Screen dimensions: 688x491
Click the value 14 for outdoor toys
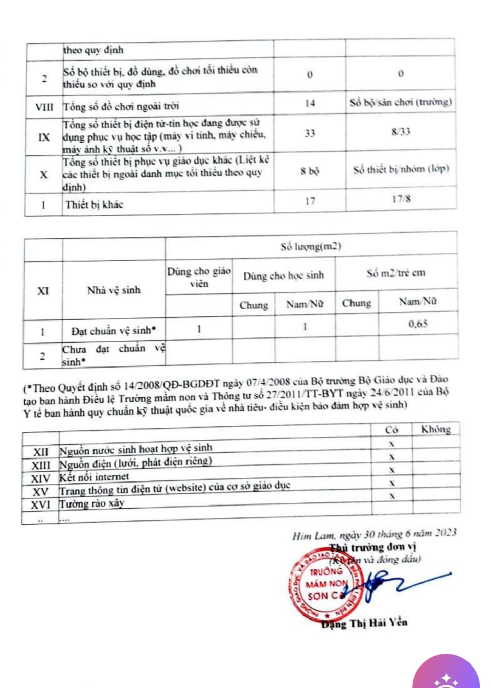click(310, 103)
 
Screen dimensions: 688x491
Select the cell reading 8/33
click(401, 132)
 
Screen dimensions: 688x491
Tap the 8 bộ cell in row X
click(310, 171)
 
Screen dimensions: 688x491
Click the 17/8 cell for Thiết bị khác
click(401, 199)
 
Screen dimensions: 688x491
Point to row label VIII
click(44, 107)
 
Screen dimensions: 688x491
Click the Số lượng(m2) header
click(311, 246)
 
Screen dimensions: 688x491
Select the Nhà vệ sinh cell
click(113, 290)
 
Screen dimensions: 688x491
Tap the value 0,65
click(418, 324)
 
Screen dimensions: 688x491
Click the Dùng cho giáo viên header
click(199, 277)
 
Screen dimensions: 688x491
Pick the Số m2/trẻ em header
click(396, 273)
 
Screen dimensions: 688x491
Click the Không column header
click(435, 429)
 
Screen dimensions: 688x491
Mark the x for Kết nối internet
click(392, 470)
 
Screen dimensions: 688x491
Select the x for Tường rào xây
click(392, 496)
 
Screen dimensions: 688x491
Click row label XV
click(40, 492)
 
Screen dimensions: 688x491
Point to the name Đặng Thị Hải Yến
click(364, 623)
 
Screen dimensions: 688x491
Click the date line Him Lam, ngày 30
click(374, 535)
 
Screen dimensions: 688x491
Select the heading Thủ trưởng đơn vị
click(373, 547)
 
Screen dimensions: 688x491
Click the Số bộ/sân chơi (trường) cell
click(401, 102)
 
